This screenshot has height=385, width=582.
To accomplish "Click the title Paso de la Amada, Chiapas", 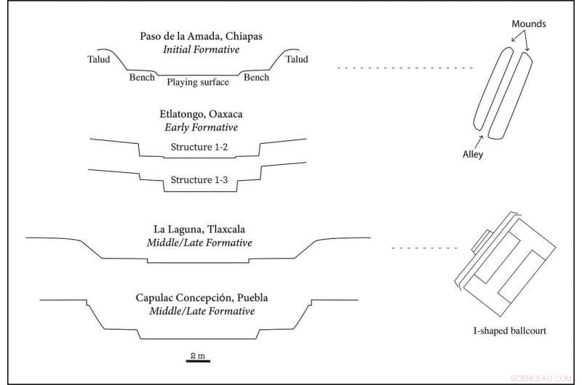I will click(197, 37).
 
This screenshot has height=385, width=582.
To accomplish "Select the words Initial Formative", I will click(197, 50).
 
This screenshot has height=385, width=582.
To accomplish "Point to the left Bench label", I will click(142, 77).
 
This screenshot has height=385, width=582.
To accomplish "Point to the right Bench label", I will click(256, 76).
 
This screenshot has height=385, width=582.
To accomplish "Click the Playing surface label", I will click(198, 82).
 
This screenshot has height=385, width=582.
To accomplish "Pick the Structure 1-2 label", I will click(199, 148).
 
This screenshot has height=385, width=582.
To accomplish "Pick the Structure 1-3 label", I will click(199, 179).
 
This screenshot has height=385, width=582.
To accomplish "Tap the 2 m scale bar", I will click(197, 358).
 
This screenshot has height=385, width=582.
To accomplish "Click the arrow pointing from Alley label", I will click(480, 140).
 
